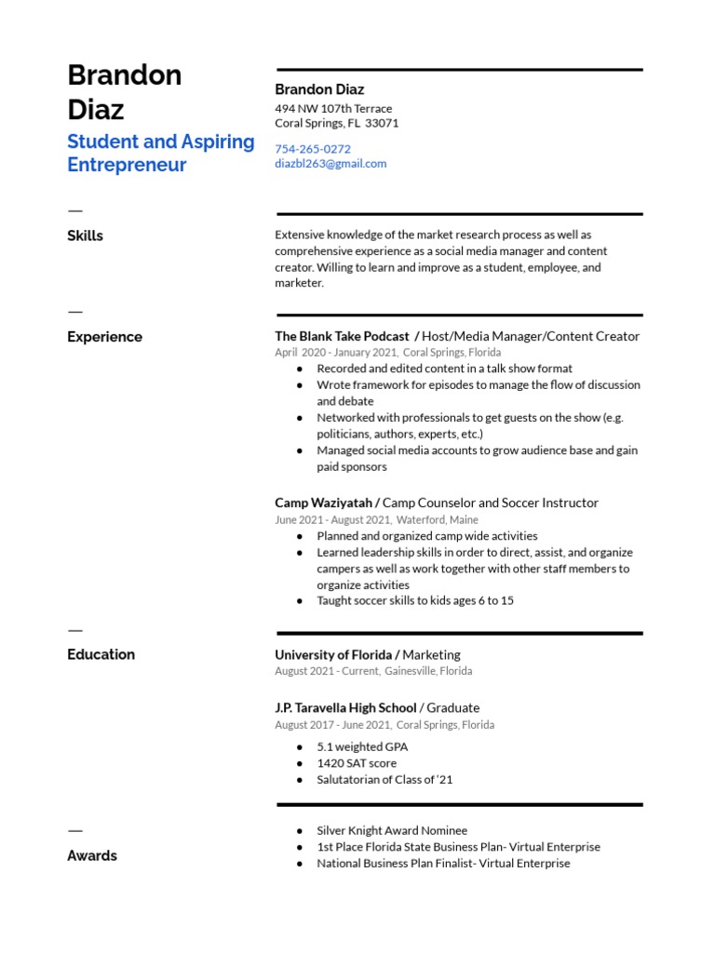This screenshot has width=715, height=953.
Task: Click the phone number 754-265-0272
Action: tap(313, 149)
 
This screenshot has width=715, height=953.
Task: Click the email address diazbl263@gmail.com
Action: tap(331, 164)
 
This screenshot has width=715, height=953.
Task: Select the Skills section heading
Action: tap(85, 236)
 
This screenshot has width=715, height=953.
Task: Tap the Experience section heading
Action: tap(104, 337)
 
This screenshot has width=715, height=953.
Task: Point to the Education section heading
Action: tap(101, 654)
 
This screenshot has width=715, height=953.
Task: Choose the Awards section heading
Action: tap(92, 855)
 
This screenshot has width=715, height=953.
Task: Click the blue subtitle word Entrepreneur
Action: tap(127, 166)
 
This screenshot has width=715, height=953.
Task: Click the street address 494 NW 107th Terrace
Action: tap(333, 109)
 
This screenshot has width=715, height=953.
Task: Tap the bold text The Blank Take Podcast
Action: tap(342, 336)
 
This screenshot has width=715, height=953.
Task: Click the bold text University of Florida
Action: tap(333, 654)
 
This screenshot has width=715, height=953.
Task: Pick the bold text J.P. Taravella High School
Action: tap(345, 707)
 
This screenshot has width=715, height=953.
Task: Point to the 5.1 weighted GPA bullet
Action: tap(362, 746)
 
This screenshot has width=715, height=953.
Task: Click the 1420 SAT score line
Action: tap(357, 763)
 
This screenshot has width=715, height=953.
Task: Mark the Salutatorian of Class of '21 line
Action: tap(384, 780)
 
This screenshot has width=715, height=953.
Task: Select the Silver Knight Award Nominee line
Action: tap(392, 830)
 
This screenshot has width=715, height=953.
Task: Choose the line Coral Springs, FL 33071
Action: tap(336, 124)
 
